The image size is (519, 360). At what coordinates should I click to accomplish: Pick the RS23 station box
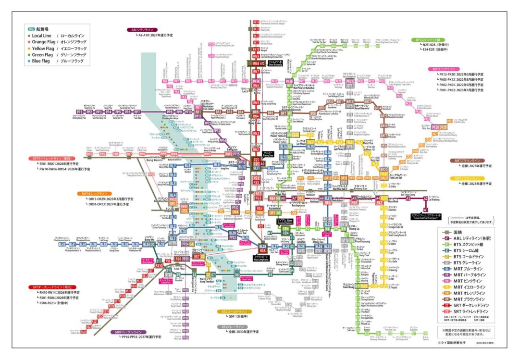[x=83, y=332]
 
